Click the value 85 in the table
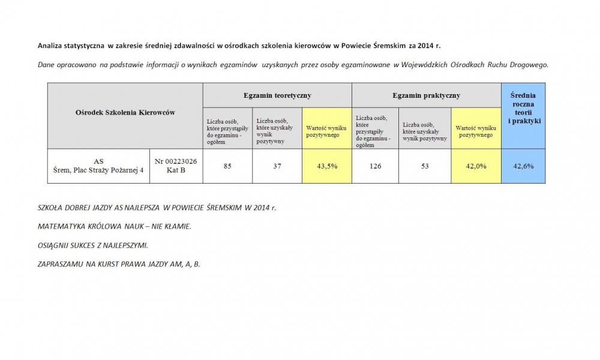point(227,166)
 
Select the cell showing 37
point(277,166)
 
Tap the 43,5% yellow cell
point(326,166)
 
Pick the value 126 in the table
point(375,166)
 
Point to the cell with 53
point(425,166)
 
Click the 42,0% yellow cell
point(476,166)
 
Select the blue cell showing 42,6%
point(523,166)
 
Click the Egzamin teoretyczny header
point(277,95)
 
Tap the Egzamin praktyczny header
point(426,95)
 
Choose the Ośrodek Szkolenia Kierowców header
point(125,113)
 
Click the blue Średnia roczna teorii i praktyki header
point(523,108)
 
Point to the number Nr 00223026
point(176,161)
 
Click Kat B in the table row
point(176,170)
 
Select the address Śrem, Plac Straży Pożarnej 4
point(98,170)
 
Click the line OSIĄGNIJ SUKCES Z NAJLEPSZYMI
point(92,245)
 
